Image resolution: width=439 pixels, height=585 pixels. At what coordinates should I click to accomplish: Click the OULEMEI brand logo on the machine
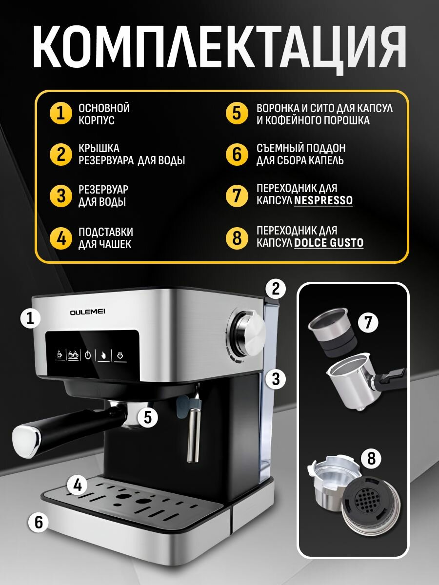pyautogui.click(x=88, y=312)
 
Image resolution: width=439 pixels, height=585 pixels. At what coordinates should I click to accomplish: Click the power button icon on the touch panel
pyautogui.click(x=88, y=355)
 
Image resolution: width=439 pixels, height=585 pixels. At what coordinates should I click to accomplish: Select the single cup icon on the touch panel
pyautogui.click(x=60, y=354)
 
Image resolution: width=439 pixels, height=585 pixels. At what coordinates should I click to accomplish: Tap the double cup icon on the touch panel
pyautogui.click(x=73, y=354)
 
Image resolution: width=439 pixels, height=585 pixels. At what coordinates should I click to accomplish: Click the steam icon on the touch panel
pyautogui.click(x=120, y=355)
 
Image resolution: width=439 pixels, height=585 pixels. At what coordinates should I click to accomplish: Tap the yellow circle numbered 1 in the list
pyautogui.click(x=61, y=113)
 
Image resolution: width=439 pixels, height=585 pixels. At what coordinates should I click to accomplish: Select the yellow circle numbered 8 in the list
pyautogui.click(x=237, y=238)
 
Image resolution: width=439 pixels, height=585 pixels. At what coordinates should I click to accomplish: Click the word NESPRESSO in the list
pyautogui.click(x=323, y=200)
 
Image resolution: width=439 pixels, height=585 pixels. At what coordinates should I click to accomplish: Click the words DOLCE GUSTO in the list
pyautogui.click(x=329, y=242)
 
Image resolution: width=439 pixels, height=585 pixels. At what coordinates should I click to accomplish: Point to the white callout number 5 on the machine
pyautogui.click(x=147, y=417)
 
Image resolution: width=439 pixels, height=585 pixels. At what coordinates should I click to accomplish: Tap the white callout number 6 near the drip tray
pyautogui.click(x=39, y=522)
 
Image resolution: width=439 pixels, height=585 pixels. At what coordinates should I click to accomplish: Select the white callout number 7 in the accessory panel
pyautogui.click(x=368, y=322)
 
